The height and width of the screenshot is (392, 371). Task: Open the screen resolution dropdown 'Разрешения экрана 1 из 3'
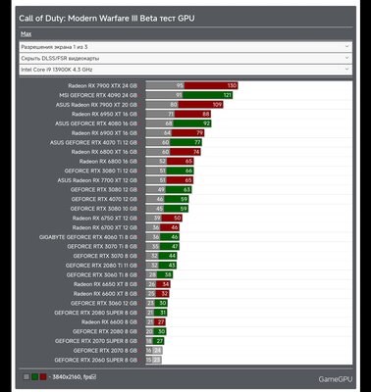185,45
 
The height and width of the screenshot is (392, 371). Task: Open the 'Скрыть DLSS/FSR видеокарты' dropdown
185,58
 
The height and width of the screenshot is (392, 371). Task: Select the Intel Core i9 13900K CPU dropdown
185,71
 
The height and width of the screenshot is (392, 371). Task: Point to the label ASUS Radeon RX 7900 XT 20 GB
97,104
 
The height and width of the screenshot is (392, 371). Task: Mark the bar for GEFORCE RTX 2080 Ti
162,265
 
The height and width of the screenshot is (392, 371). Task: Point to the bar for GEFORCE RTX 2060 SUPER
154,360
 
